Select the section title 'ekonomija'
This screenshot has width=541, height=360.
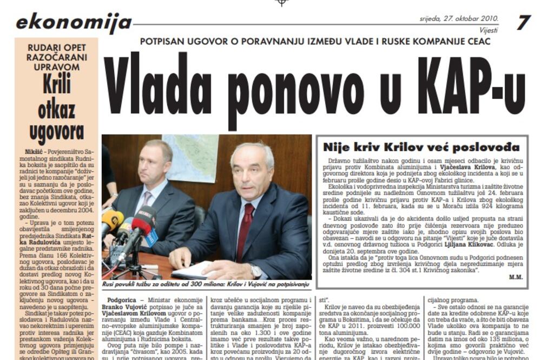pos(74,22)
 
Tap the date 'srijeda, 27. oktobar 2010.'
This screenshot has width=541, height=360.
pos(459,19)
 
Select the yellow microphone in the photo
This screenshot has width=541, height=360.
pos(111,220)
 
